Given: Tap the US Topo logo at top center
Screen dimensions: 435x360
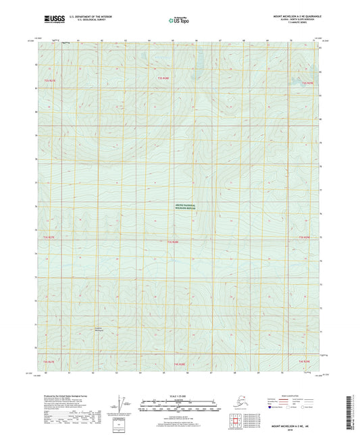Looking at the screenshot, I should pyautogui.click(x=179, y=20).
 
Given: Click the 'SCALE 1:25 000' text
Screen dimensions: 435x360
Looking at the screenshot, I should pyautogui.click(x=180, y=396).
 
